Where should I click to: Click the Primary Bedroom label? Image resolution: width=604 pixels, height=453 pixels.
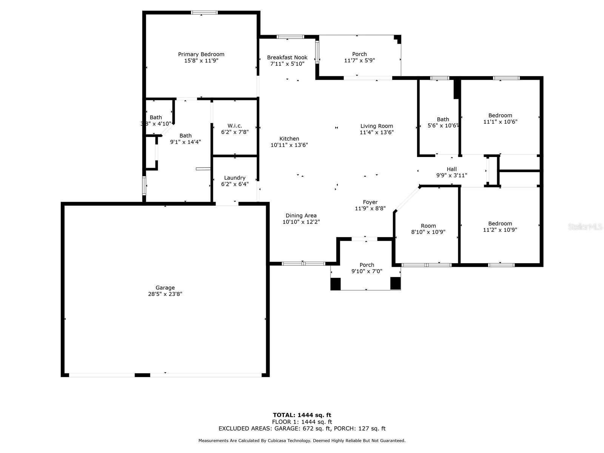[201, 54]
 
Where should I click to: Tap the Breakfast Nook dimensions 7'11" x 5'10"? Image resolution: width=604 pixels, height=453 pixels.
[287, 64]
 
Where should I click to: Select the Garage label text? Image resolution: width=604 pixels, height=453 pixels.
[165, 288]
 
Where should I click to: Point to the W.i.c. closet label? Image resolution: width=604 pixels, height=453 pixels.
[235, 126]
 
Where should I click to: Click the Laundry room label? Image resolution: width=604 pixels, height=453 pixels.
[235, 178]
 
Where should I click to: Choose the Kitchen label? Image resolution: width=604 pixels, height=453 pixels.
[289, 139]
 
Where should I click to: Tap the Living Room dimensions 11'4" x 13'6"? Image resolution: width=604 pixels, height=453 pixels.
[377, 132]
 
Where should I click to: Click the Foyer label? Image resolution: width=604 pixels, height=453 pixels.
[370, 202]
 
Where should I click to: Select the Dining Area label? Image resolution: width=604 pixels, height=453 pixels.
[301, 216]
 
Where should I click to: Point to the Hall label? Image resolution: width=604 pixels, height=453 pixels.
[451, 169]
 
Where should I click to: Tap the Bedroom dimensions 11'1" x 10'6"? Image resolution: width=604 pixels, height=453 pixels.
[500, 122]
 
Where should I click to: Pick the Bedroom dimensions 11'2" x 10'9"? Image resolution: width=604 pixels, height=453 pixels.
[500, 230]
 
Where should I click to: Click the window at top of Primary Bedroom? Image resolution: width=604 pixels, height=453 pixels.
[205, 12]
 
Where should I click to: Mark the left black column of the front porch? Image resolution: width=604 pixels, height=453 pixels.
[336, 284]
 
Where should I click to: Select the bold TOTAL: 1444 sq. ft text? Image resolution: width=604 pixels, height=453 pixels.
[302, 415]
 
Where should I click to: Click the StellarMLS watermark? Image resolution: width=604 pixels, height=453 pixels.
[585, 227]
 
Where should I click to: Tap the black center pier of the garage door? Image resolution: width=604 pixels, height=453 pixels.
[142, 375]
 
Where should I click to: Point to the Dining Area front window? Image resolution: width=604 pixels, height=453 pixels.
[303, 263]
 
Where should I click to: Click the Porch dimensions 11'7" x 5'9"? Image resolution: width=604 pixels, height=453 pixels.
[359, 60]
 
